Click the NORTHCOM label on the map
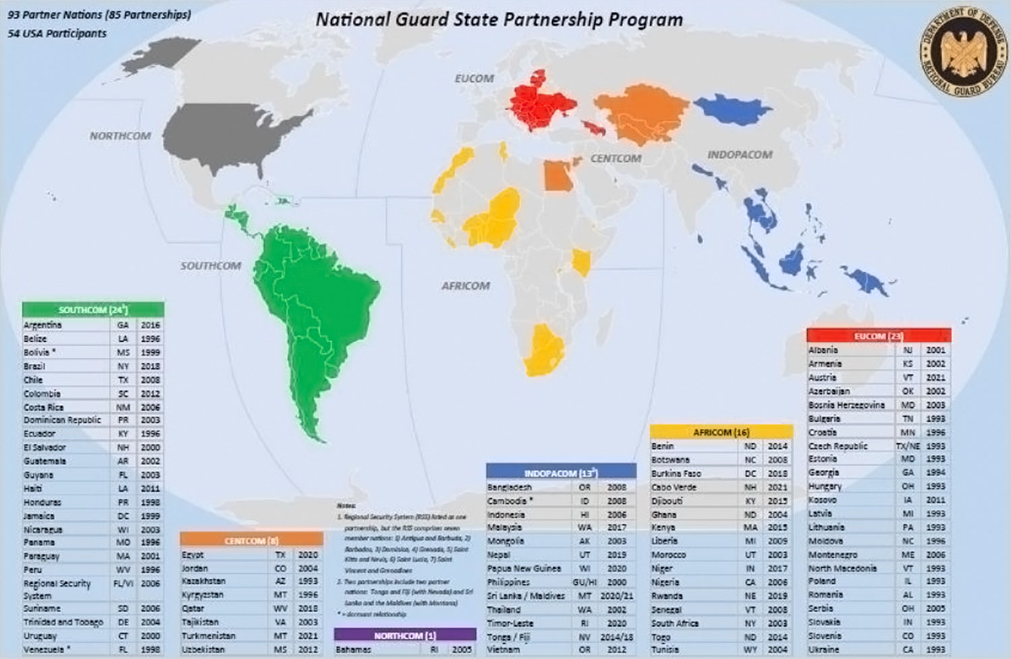tap(120, 136)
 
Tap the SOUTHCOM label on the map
tap(211, 266)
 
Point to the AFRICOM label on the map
tap(466, 286)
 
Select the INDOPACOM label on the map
tap(740, 155)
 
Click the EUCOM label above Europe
tap(474, 79)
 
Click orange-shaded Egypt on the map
tap(557, 177)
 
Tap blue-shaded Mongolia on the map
tap(732, 108)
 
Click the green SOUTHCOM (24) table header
tap(93, 310)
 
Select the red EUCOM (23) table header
tap(878, 336)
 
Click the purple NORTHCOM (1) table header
tap(405, 635)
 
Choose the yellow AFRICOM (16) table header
tap(721, 432)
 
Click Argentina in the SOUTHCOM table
tap(43, 325)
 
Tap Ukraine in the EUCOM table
tap(824, 650)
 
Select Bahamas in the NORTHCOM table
tap(354, 650)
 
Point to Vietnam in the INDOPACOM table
tap(503, 650)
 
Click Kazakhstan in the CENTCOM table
tap(204, 581)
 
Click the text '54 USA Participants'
tap(57, 34)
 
